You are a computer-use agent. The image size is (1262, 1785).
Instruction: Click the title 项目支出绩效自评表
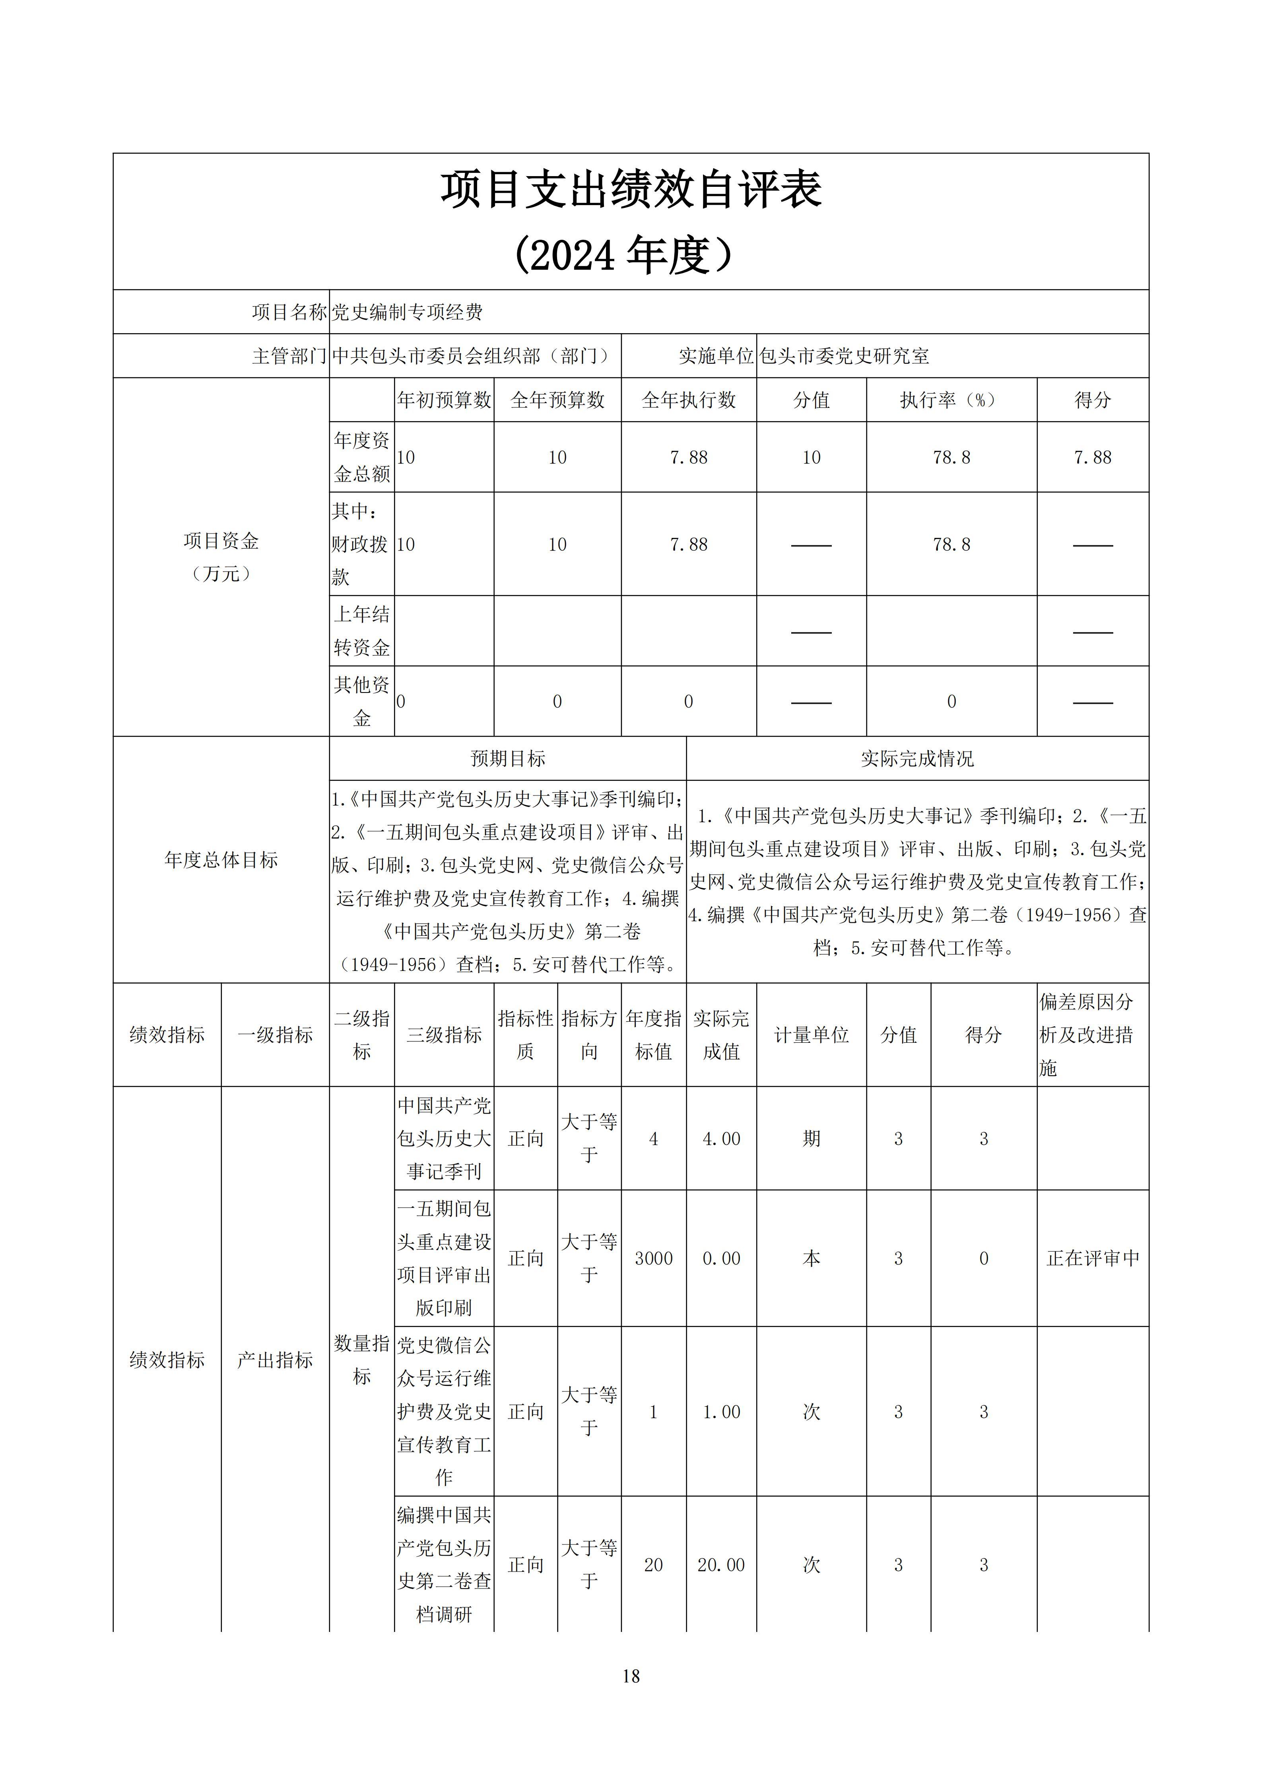(631, 190)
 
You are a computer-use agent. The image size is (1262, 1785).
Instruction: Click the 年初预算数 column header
(444, 400)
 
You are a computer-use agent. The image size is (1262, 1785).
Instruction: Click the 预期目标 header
(508, 759)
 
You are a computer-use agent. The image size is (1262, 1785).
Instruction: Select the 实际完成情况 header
(917, 759)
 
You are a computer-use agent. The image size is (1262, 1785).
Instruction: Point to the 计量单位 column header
(811, 1035)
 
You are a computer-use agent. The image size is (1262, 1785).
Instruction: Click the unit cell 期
(811, 1139)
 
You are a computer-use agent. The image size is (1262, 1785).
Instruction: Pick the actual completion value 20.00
(721, 1565)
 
